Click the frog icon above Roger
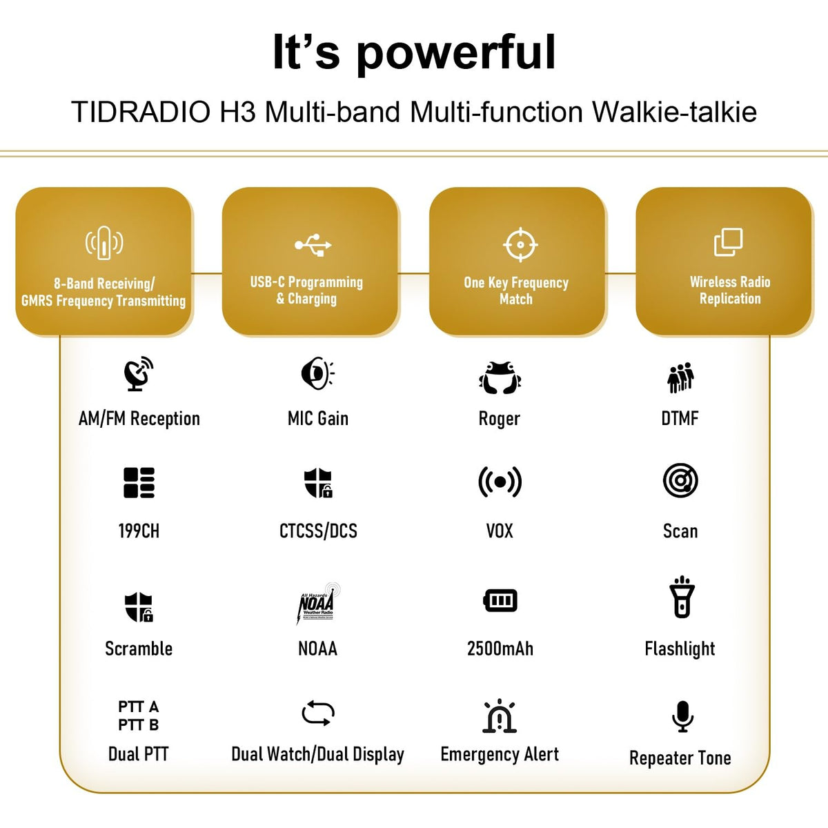click(500, 377)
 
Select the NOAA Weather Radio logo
click(318, 603)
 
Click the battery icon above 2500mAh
click(500, 600)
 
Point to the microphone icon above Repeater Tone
click(682, 716)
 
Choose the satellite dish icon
click(139, 373)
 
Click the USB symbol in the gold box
click(313, 245)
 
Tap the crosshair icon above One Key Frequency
click(520, 244)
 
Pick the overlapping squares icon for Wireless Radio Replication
click(728, 242)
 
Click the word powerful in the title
click(456, 53)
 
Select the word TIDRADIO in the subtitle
click(141, 112)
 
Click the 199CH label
click(139, 531)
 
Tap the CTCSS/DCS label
click(318, 531)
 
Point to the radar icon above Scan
click(680, 480)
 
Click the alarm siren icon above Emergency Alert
click(500, 716)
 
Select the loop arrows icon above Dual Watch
click(318, 713)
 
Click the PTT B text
click(139, 725)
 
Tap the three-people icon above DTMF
click(680, 377)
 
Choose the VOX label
click(500, 531)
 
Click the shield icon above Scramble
click(139, 607)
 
